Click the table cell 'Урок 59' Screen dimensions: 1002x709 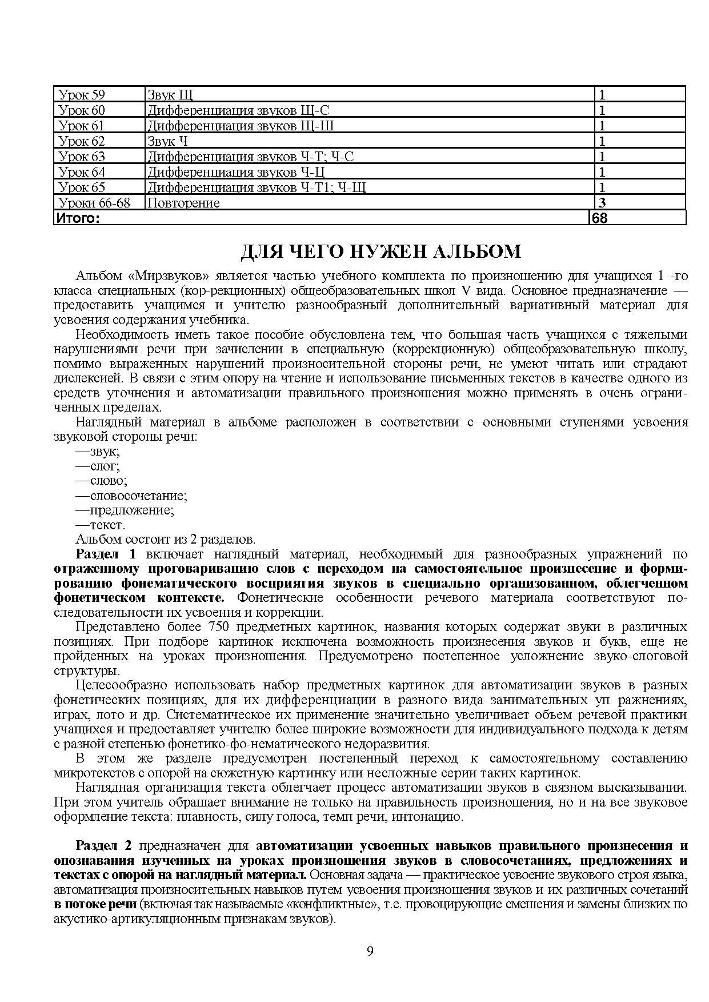click(x=82, y=95)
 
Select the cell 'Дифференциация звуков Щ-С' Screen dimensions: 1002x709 click(x=238, y=110)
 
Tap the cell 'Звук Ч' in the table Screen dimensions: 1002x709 click(x=167, y=141)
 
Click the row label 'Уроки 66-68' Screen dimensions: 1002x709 click(x=94, y=203)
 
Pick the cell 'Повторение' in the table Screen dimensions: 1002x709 click(x=183, y=203)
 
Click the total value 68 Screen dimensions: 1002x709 click(x=600, y=218)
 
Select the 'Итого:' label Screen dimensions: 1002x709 click(x=77, y=218)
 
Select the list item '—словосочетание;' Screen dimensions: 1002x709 click(x=131, y=496)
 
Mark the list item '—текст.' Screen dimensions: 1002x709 click(x=101, y=525)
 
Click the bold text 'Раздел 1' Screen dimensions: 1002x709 click(x=107, y=554)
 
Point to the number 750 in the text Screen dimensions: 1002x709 click(x=219, y=627)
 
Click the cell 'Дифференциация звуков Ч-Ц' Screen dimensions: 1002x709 click(x=237, y=172)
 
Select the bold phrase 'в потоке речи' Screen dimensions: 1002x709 click(x=95, y=904)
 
